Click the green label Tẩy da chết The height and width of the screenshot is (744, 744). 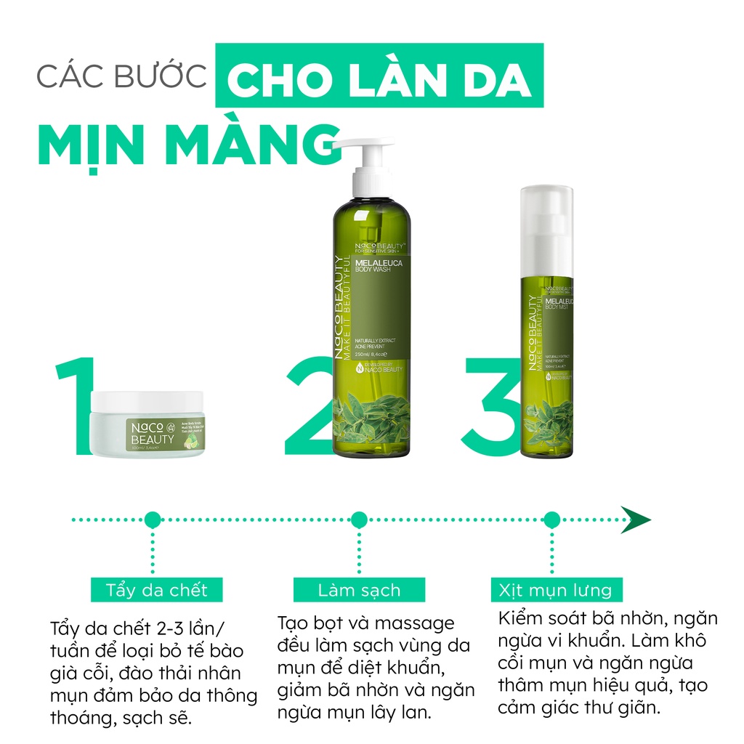(156, 590)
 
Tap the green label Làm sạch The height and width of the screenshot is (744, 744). (359, 590)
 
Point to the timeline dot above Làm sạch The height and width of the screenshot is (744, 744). (359, 519)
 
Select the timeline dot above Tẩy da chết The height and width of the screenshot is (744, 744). (152, 519)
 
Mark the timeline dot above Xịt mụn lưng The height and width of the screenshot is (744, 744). (551, 519)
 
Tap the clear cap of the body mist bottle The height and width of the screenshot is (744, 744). (546, 218)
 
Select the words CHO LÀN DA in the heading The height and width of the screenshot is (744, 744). (379, 76)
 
